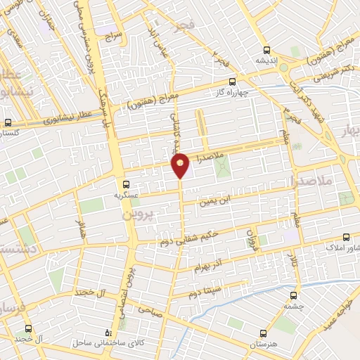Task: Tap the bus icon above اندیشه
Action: (266, 50)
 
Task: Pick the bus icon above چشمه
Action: (295, 296)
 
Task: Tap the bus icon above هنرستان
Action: (263, 333)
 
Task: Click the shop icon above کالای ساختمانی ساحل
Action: (107, 333)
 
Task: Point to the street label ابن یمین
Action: (214, 202)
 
